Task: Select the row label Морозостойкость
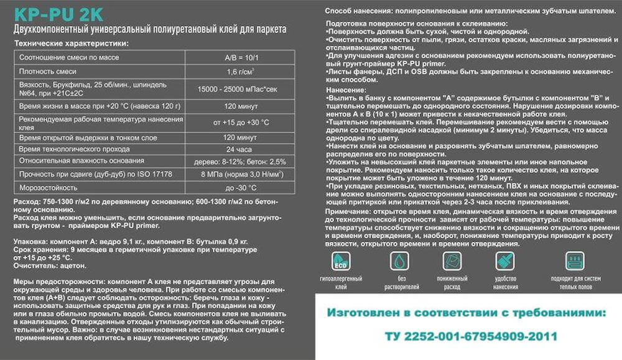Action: (x=49, y=187)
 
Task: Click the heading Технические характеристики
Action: (x=72, y=43)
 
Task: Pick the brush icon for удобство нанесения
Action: (x=505, y=261)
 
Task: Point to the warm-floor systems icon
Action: (x=575, y=261)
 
